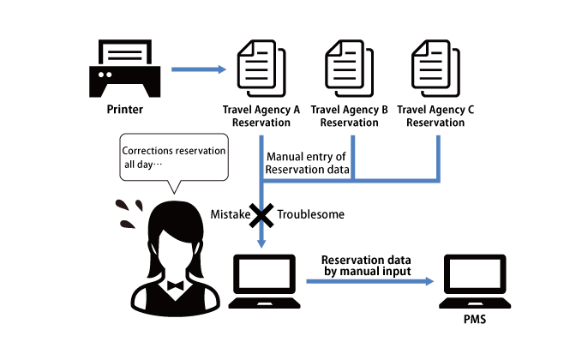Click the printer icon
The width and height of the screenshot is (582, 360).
pyautogui.click(x=125, y=69)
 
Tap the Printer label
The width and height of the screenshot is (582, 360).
pyautogui.click(x=125, y=109)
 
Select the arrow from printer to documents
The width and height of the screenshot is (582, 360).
pyautogui.click(x=199, y=69)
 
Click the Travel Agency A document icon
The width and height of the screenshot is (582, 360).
pyautogui.click(x=261, y=68)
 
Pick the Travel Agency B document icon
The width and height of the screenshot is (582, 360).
pyautogui.click(x=349, y=68)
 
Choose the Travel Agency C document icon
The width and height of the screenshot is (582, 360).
pyautogui.click(x=435, y=68)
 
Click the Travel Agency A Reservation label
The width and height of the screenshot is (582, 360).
pyautogui.click(x=261, y=116)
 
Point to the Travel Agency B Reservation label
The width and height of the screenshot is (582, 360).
pyautogui.click(x=349, y=116)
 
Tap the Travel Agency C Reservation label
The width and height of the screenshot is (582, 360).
pyautogui.click(x=435, y=116)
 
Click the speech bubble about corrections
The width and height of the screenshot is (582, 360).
pyautogui.click(x=174, y=158)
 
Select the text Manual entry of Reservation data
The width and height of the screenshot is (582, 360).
pyautogui.click(x=307, y=163)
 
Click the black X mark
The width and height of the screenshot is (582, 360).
pyautogui.click(x=261, y=215)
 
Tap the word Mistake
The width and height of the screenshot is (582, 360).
pyautogui.click(x=230, y=214)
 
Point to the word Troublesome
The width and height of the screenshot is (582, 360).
pyautogui.click(x=310, y=214)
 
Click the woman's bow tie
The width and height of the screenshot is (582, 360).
pyautogui.click(x=175, y=285)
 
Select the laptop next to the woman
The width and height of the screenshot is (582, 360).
pyautogui.click(x=264, y=281)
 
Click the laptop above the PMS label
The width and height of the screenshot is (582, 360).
pyautogui.click(x=475, y=281)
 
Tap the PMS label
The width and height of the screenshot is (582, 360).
pyautogui.click(x=475, y=319)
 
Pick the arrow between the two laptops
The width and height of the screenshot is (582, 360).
pyautogui.click(x=370, y=281)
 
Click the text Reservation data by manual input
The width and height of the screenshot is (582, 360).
pyautogui.click(x=367, y=266)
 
